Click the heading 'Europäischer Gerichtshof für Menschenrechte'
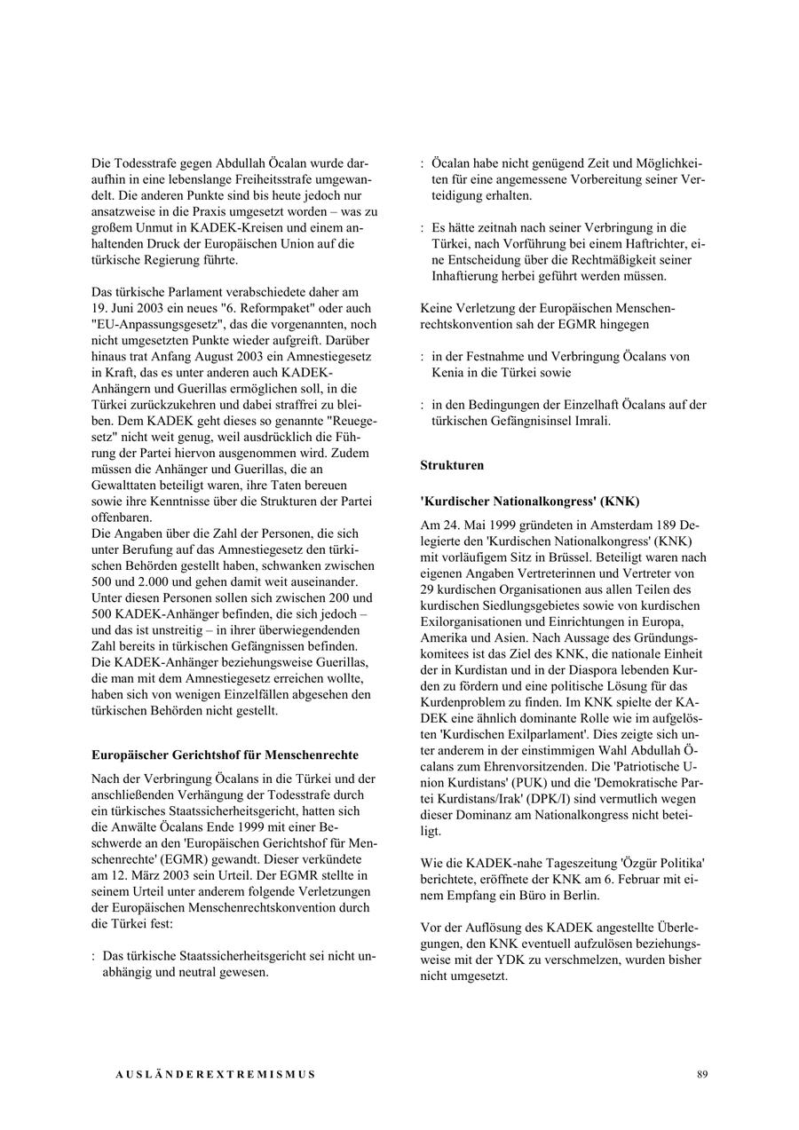[225, 755]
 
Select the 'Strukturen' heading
[452, 464]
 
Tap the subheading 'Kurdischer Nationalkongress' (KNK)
[529, 501]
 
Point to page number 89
[702, 1074]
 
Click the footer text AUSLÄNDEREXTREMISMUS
[216, 1074]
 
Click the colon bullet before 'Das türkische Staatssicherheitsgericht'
[93, 956]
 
